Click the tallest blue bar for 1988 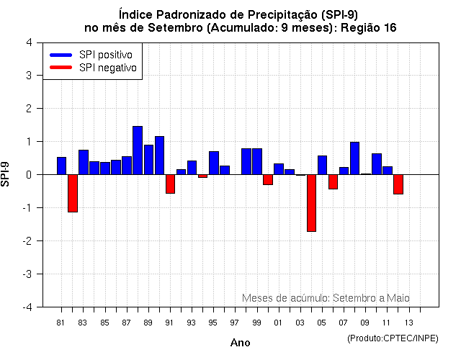(x=138, y=150)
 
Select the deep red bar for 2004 (x=311, y=202)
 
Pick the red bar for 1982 (x=73, y=193)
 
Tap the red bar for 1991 (x=170, y=184)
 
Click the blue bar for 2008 (x=354, y=158)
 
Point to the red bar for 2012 (x=398, y=184)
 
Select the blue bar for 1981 (x=61, y=166)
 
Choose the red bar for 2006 (x=333, y=181)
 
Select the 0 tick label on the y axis (x=28, y=175)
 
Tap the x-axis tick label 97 (x=235, y=323)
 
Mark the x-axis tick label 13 (x=408, y=323)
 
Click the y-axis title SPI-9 (x=6, y=174)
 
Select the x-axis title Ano (x=240, y=343)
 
